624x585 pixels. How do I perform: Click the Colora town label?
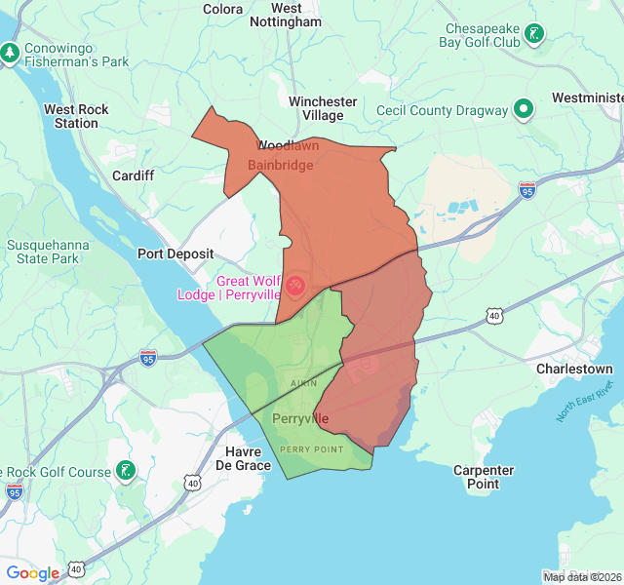[222, 9]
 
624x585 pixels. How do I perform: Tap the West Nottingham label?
[286, 15]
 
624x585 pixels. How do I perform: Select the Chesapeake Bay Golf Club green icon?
[534, 35]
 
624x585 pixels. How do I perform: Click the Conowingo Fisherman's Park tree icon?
[11, 52]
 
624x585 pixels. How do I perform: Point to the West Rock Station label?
[76, 116]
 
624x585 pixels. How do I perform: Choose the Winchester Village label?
[323, 108]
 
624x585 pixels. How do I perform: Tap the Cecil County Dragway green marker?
[523, 109]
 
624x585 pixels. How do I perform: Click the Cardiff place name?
[134, 175]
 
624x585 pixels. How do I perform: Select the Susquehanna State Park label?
[42, 252]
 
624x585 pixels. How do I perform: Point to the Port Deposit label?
[175, 253]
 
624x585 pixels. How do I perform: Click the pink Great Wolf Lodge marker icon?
[294, 286]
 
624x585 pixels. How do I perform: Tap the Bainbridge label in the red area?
[280, 165]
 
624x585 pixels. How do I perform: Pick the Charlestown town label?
[574, 370]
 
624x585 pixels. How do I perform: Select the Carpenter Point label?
[484, 477]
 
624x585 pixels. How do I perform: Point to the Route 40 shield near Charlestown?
[495, 316]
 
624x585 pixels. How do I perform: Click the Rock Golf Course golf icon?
[125, 472]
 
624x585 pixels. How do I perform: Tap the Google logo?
[32, 573]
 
